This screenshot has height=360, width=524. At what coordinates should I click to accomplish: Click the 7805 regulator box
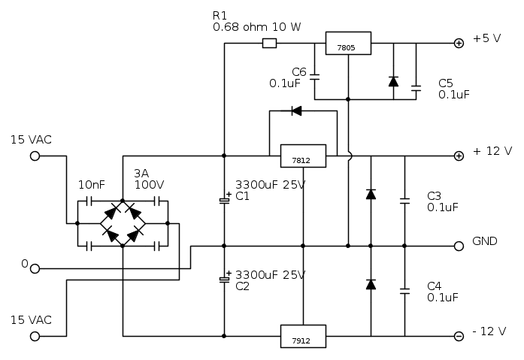348,44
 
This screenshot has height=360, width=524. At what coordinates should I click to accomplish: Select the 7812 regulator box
302,156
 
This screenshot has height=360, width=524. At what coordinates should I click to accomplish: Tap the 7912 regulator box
302,335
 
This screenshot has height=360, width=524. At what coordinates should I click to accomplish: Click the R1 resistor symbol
269,44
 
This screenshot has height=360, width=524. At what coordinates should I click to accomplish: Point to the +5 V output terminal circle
459,44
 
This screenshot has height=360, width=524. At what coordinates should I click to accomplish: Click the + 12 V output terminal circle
459,156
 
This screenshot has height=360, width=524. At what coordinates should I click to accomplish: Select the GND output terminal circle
459,246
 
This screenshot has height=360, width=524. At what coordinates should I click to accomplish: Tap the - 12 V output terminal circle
459,335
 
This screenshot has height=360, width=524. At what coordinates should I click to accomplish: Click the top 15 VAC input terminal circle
35,156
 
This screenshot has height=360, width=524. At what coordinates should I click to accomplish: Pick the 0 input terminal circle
35,268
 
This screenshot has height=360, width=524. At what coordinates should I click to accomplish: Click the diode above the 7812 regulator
295,111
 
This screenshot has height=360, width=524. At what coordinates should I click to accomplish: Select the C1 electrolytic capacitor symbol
224,200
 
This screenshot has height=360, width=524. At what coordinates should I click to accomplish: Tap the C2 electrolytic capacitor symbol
224,280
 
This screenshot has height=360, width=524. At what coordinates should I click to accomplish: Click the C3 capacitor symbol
404,201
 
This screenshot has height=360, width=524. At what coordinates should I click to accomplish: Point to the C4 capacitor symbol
404,290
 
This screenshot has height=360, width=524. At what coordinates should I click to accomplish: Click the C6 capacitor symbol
314,77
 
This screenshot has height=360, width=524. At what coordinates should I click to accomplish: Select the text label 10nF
90,184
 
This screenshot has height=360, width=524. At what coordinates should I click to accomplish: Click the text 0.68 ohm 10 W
257,26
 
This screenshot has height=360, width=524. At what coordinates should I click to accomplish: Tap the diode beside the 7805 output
393,81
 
